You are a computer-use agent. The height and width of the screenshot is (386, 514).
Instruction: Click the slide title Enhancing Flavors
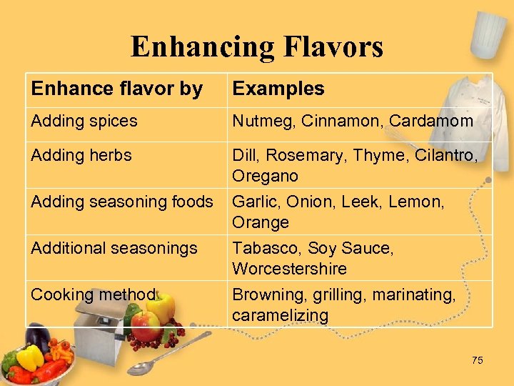[257, 47]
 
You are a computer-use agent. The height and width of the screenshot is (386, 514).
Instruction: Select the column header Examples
[278, 89]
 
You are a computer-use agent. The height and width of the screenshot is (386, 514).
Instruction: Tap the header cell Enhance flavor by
[116, 89]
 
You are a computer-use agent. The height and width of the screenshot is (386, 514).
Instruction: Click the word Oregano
[265, 176]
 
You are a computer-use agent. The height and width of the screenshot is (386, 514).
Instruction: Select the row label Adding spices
[84, 121]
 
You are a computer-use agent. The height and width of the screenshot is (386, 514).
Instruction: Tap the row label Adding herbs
[81, 155]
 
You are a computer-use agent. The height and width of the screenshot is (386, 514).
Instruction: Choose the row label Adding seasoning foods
[122, 202]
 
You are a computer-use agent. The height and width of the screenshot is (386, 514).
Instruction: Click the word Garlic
[254, 202]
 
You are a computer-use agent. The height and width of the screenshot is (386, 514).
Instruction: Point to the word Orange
[261, 222]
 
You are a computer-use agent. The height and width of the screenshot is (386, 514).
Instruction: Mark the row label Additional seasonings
[114, 248]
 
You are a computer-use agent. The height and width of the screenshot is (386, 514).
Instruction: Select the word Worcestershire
[289, 269]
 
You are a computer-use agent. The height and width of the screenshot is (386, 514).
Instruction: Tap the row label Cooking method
[93, 295]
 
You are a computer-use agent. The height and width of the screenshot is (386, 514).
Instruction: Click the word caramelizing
[280, 315]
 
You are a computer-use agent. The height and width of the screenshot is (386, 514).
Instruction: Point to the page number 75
[477, 360]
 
